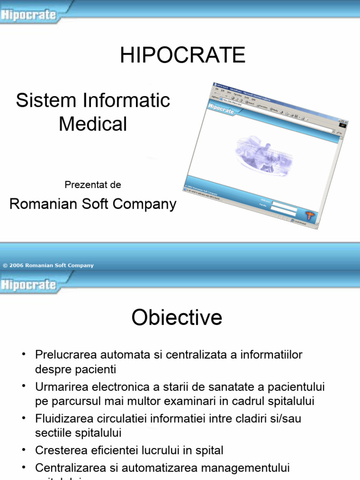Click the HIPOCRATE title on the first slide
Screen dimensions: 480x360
pos(182,56)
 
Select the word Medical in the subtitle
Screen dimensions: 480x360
pos(93,124)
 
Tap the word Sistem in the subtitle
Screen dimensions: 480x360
pos(39,100)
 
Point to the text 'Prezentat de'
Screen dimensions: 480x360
pos(93,185)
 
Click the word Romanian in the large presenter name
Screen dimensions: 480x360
pos(40,204)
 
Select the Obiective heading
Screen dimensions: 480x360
pos(177,318)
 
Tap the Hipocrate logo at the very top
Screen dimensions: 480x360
pos(29,15)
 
